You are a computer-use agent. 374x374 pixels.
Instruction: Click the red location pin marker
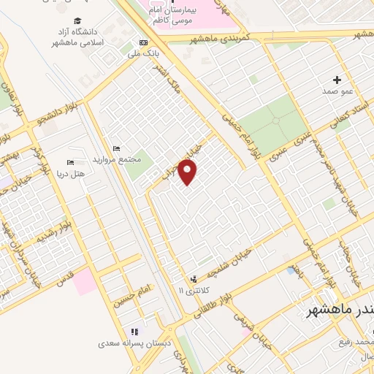pos(188,172)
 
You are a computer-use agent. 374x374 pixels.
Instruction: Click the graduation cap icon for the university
pos(77,22)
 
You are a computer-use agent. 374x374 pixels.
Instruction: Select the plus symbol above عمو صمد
pos(337,79)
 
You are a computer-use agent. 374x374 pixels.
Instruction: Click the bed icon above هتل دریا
pos(71,162)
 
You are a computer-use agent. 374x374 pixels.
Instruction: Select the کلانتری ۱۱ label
pos(194,290)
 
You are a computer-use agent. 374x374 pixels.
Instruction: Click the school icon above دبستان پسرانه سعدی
pos(134,332)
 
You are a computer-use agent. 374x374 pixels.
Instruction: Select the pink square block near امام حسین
pos(85,281)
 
